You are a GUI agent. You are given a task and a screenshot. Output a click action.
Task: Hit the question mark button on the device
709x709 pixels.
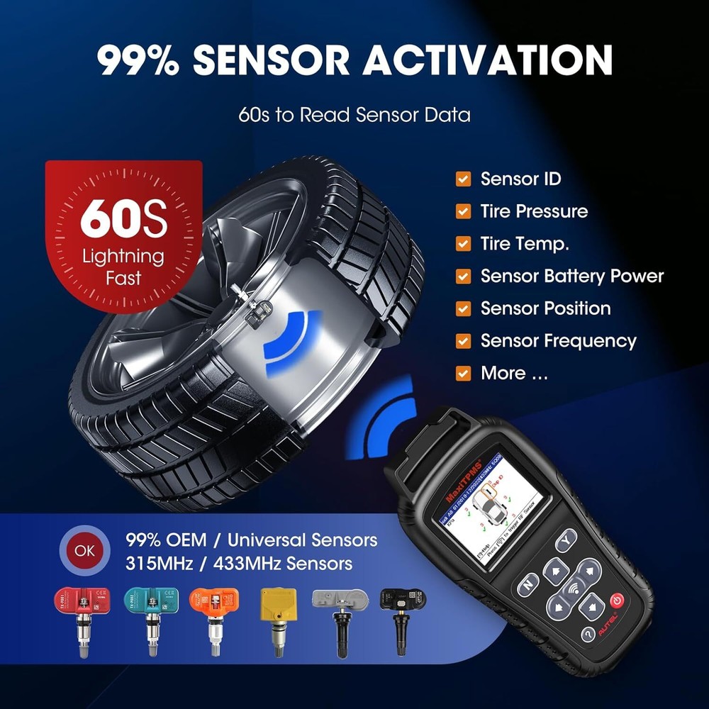tap(588, 633)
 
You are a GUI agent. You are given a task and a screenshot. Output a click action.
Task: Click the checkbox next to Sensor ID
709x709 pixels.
tap(463, 179)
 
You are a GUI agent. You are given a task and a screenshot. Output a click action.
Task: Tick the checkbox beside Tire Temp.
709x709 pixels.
tap(463, 244)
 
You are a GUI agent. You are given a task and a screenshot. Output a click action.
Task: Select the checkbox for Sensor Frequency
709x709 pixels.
tap(463, 341)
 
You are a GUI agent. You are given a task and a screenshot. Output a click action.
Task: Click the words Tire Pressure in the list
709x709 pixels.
tap(534, 211)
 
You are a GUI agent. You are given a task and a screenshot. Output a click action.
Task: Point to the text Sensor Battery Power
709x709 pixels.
tap(571, 276)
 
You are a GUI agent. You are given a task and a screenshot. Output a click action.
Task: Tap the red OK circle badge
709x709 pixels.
tap(83, 551)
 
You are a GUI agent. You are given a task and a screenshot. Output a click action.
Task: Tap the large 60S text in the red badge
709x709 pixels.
tap(123, 220)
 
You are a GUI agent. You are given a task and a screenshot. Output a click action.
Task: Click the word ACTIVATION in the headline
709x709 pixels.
tap(488, 60)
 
